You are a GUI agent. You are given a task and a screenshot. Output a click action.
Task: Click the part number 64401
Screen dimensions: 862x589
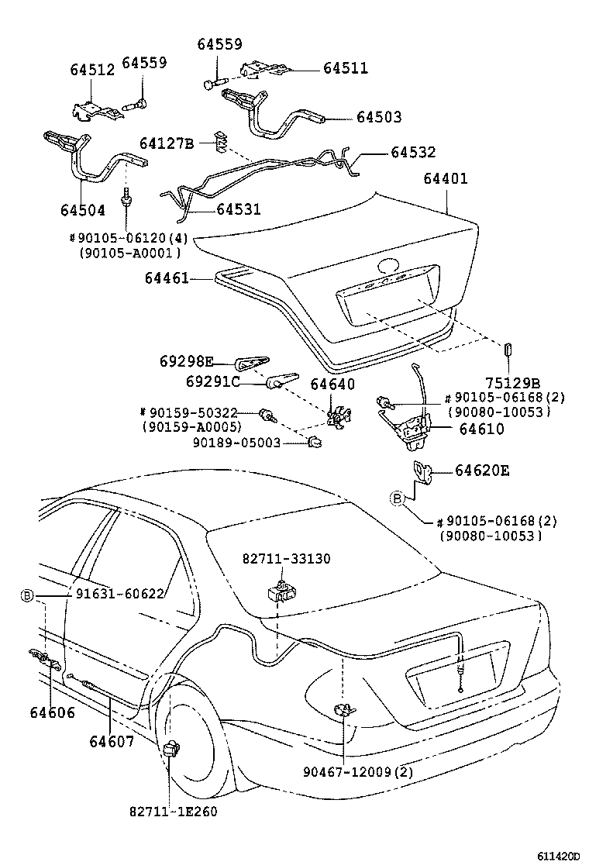click(x=446, y=179)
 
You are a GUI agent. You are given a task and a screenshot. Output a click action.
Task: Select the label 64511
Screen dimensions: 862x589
click(x=346, y=69)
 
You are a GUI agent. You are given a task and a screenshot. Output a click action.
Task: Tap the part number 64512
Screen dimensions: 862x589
click(x=92, y=70)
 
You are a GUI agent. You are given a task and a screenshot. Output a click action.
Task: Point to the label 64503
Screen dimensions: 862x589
click(x=380, y=118)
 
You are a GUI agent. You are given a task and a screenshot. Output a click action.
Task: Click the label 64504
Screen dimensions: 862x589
click(x=82, y=210)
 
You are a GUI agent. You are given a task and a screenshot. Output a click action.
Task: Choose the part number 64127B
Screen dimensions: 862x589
click(x=167, y=143)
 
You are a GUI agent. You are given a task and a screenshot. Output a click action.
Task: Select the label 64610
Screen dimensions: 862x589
click(x=480, y=429)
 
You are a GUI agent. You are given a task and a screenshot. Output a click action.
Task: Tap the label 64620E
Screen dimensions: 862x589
click(x=483, y=471)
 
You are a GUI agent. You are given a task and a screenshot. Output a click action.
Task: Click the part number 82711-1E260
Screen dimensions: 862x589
click(x=173, y=812)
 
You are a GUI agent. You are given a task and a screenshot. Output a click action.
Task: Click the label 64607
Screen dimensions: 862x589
click(x=112, y=742)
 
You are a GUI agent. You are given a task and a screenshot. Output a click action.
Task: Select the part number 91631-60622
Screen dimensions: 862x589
click(x=120, y=595)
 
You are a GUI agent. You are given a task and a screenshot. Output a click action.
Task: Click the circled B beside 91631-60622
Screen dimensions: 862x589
click(x=27, y=595)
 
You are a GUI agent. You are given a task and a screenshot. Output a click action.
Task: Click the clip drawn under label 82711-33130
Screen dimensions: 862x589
click(x=281, y=591)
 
